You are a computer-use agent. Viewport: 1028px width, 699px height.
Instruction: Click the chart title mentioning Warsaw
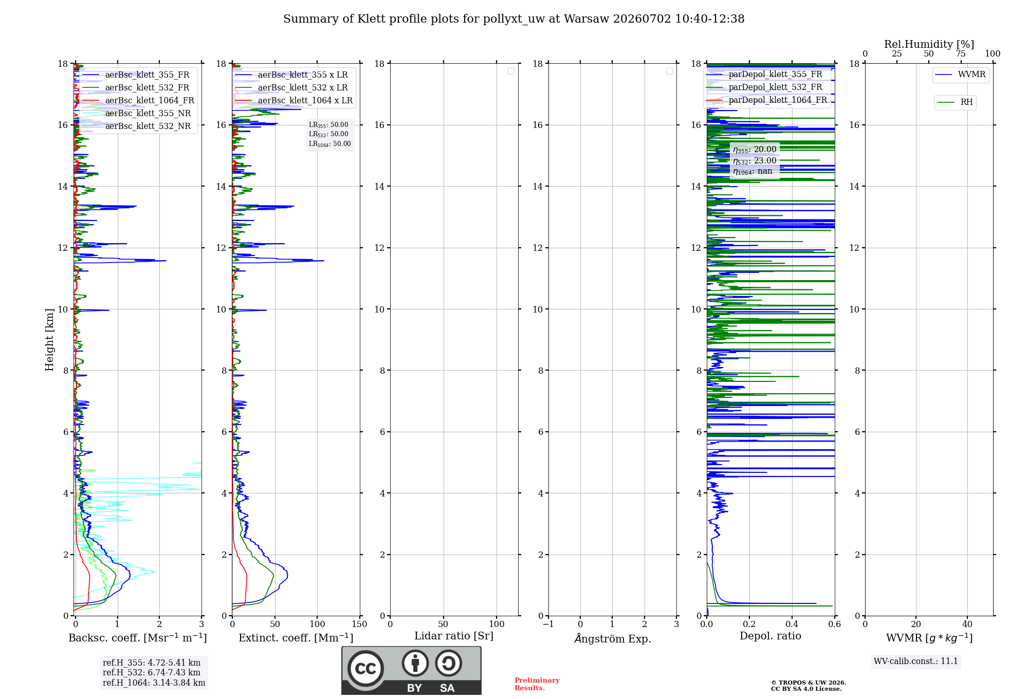(x=513, y=19)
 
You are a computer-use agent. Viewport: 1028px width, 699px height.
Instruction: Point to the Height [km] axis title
(x=49, y=339)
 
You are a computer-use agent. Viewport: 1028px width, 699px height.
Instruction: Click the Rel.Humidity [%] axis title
(x=929, y=44)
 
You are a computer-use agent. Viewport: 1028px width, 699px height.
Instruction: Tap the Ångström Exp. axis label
(x=612, y=638)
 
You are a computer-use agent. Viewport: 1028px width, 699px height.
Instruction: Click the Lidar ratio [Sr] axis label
(x=454, y=636)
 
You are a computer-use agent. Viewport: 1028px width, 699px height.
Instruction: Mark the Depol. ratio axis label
(x=770, y=636)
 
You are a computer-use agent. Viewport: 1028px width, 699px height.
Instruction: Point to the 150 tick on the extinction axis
(x=359, y=624)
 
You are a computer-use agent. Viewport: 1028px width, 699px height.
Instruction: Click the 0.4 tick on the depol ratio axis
(x=792, y=624)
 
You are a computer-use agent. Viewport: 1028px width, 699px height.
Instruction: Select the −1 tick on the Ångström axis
(x=548, y=624)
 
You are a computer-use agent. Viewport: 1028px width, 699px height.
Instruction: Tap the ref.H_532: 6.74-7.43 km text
(x=152, y=672)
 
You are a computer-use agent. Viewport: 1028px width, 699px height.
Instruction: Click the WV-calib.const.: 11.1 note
(x=916, y=661)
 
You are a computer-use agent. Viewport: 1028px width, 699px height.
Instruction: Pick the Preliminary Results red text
(x=537, y=684)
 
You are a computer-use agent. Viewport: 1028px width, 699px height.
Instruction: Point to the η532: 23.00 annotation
(x=755, y=161)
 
